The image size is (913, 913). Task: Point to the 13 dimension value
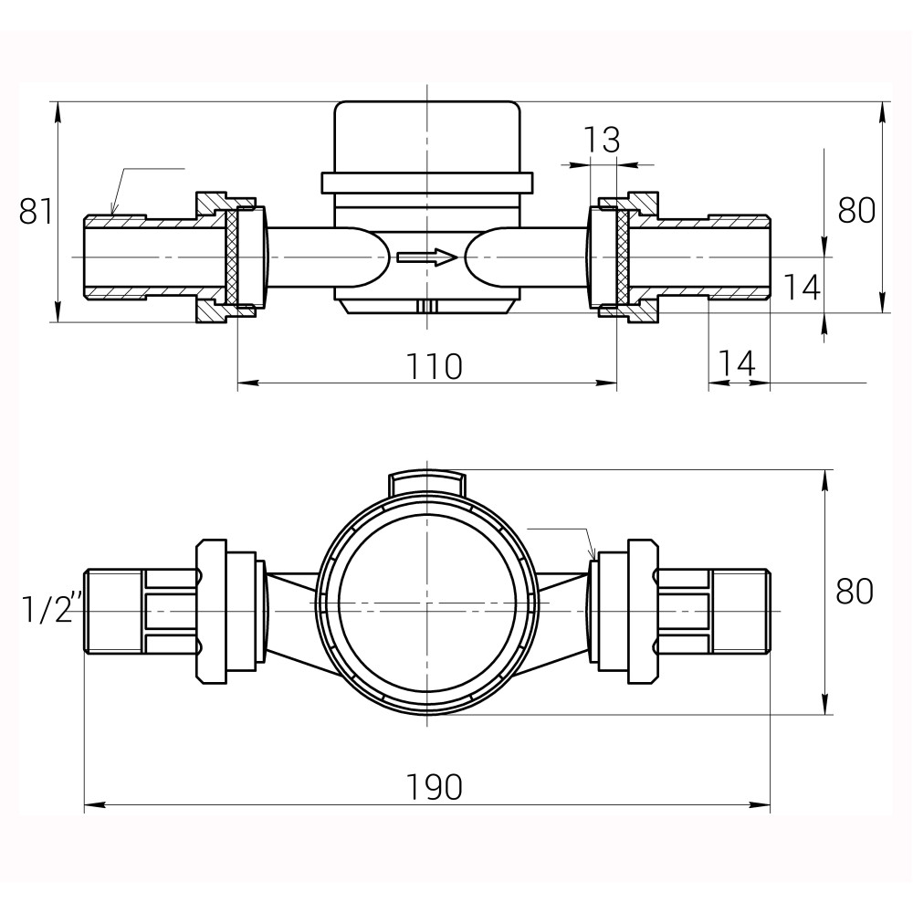[602, 141]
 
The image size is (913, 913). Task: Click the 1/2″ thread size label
[51, 609]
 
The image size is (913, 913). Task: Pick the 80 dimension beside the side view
[856, 210]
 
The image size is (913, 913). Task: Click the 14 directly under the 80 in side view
[802, 288]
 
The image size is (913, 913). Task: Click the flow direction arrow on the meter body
[427, 257]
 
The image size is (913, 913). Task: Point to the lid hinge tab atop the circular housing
[427, 482]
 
